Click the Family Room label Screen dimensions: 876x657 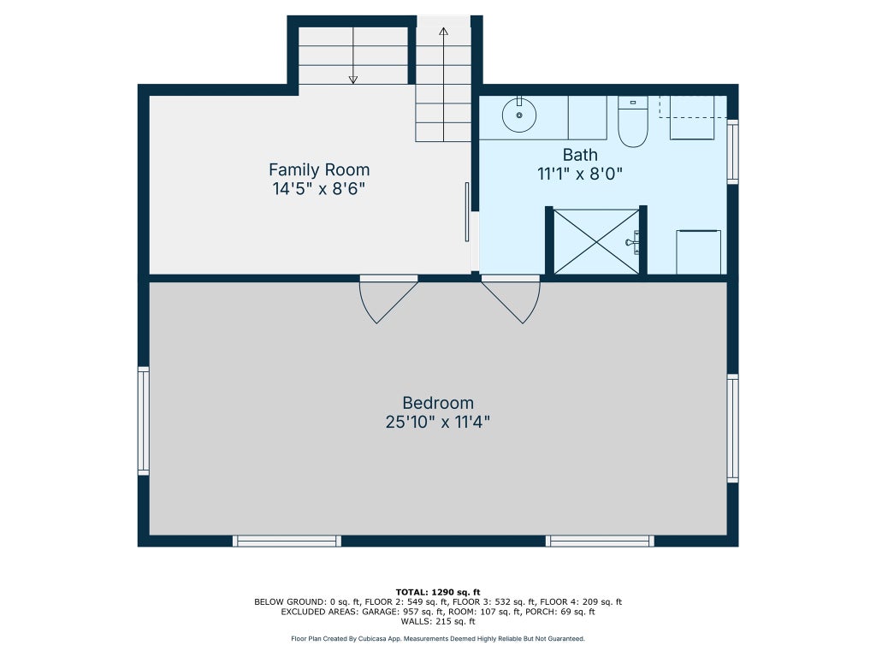click(319, 170)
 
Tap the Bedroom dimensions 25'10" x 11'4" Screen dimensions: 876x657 click(437, 422)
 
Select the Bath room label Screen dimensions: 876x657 click(580, 155)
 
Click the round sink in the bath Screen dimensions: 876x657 click(519, 115)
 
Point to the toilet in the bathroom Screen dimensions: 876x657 click(632, 121)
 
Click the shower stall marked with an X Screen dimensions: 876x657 click(596, 242)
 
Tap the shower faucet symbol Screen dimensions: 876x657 click(633, 242)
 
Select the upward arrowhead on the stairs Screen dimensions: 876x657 click(444, 32)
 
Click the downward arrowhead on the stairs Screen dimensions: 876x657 click(353, 80)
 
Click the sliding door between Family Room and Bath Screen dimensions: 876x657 click(467, 212)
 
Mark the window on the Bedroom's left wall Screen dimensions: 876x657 click(144, 421)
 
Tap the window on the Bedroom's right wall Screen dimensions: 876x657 click(732, 429)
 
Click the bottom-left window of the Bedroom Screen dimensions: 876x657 click(287, 541)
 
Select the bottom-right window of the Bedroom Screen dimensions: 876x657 click(600, 541)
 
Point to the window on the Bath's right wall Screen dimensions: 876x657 click(732, 151)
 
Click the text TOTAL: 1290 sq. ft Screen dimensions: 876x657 click(438, 592)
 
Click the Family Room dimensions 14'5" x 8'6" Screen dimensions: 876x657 click(319, 189)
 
